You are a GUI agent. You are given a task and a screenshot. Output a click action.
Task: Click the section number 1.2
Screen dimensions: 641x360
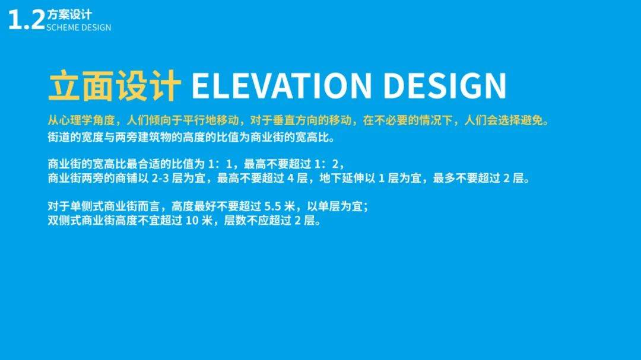click(26, 20)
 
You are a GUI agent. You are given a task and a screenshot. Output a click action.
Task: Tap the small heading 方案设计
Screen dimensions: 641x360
click(69, 15)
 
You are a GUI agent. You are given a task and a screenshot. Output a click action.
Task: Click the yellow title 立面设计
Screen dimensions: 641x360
click(115, 85)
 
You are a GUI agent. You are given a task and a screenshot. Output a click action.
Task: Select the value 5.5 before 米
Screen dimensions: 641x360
click(272, 206)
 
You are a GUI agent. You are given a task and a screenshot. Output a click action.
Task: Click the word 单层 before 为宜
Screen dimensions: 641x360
click(329, 206)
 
